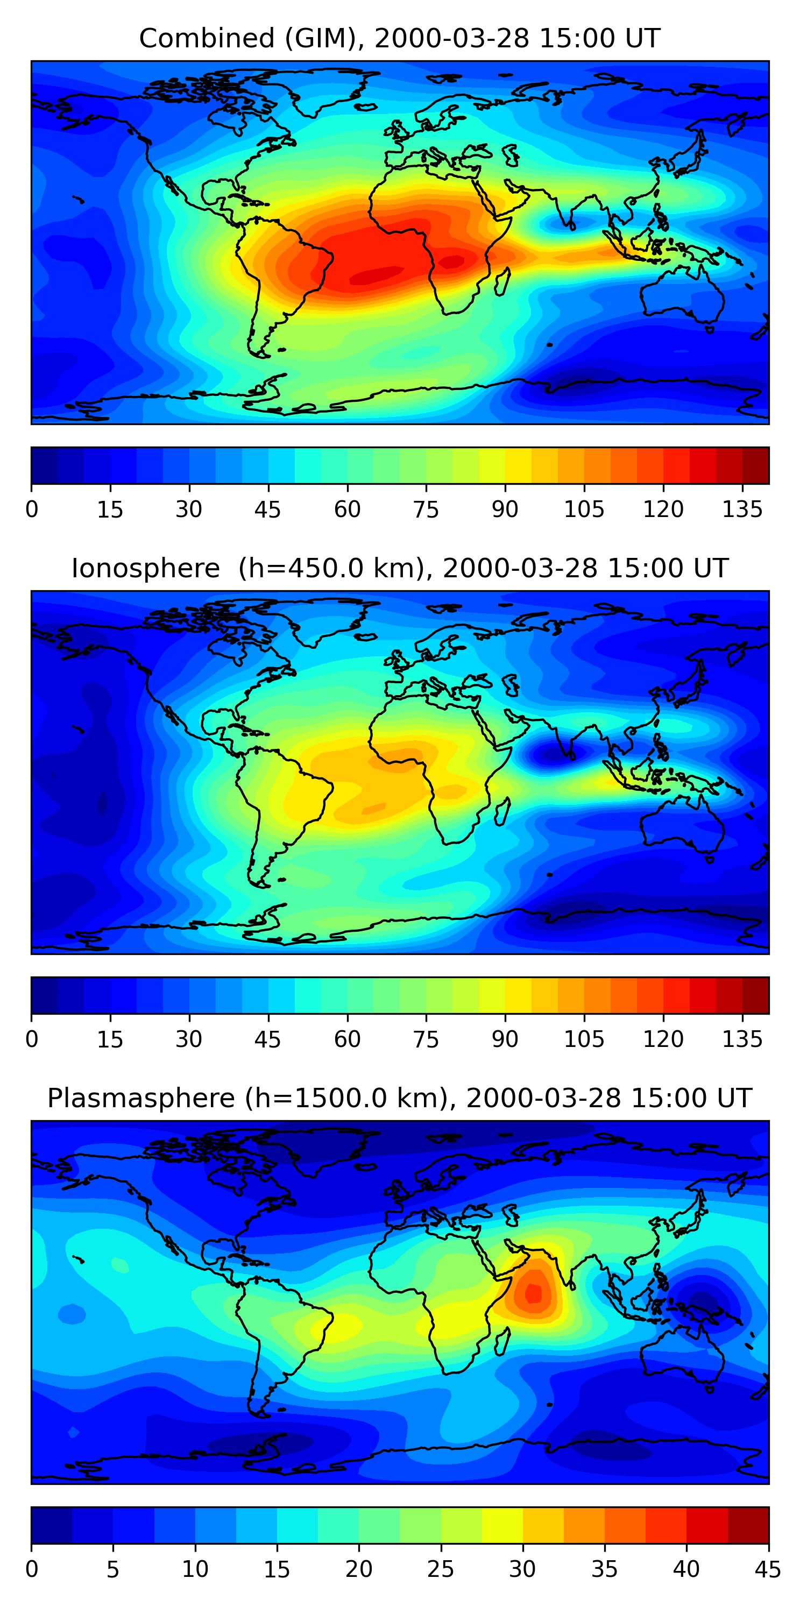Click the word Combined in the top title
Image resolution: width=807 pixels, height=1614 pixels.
click(206, 38)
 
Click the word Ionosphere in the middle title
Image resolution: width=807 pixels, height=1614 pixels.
click(145, 568)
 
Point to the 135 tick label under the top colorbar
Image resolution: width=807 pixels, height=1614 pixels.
click(742, 509)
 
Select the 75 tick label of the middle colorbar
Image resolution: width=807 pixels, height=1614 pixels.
click(426, 1039)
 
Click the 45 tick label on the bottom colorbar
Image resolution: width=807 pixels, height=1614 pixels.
click(768, 1569)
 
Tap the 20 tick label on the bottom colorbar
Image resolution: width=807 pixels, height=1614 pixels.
click(358, 1569)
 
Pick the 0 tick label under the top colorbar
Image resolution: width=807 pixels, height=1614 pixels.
click(32, 509)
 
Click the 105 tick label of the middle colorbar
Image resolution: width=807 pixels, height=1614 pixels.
click(584, 1039)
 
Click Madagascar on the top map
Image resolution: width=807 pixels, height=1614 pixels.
click(502, 281)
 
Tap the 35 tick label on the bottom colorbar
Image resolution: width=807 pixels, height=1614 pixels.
click(604, 1569)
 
